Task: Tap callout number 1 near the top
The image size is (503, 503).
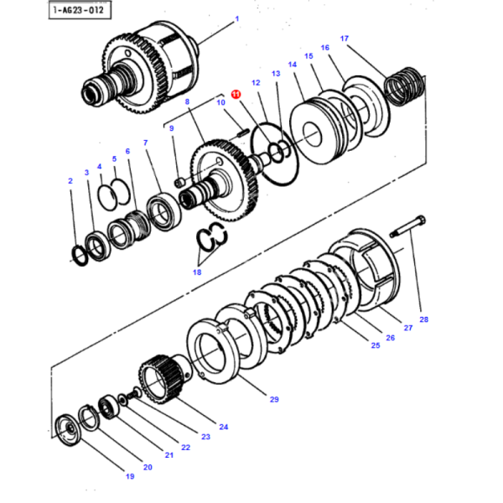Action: (236, 18)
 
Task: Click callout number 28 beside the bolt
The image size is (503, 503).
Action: (423, 319)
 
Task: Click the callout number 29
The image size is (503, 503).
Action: (273, 400)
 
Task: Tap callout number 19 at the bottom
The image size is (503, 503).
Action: (130, 476)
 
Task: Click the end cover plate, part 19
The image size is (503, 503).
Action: (65, 428)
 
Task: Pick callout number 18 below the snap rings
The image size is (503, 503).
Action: (197, 272)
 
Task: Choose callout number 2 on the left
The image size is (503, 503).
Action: (71, 179)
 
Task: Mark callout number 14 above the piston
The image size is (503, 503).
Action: (292, 64)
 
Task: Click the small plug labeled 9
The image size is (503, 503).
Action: (179, 181)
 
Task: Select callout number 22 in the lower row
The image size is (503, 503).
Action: (186, 447)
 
